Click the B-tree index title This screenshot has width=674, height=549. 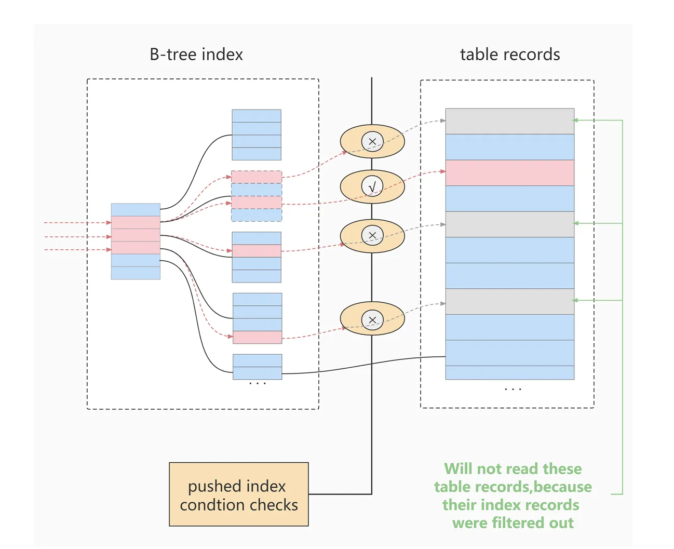tap(196, 55)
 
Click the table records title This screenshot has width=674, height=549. tap(509, 55)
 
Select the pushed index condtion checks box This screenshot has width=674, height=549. tap(238, 494)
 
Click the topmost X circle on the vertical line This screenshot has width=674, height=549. tap(372, 141)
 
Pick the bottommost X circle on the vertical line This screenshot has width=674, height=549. tap(372, 319)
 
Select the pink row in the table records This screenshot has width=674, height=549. tap(509, 173)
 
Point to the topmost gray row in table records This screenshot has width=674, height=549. tap(509, 121)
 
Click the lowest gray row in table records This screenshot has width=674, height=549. tap(509, 302)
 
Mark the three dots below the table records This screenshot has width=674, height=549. tap(513, 389)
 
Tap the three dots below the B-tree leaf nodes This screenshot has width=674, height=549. tap(257, 383)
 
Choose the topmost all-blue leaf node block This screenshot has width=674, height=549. tap(257, 135)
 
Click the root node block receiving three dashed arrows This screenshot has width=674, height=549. tap(136, 242)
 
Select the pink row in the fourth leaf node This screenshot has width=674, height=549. tap(257, 337)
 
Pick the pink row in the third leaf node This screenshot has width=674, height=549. tap(257, 251)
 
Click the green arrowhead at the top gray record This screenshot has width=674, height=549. tap(575, 120)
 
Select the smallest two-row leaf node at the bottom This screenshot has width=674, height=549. tap(257, 367)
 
